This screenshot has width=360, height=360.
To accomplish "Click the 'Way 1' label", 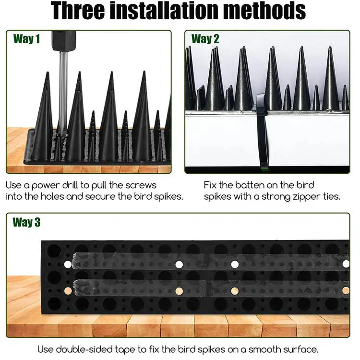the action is coord(26,39).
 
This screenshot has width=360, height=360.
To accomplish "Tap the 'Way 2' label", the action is coord(205,39).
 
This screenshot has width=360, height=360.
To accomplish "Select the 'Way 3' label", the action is coord(26,222).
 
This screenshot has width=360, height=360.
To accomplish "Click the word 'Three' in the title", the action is coord(78,11).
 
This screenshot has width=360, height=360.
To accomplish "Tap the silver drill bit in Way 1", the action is coord(63,92).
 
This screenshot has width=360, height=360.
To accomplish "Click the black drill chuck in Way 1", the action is coord(63,40).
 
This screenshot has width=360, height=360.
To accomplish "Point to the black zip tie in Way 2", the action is coord(262,131).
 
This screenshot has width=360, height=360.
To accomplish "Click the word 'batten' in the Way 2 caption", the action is coord(250,185).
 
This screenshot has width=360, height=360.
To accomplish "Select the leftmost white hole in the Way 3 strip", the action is coord(68,264).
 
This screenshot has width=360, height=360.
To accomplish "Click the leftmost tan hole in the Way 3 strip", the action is coord(68,291).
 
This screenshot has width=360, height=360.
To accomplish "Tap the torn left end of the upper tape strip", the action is coord(74,261).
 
